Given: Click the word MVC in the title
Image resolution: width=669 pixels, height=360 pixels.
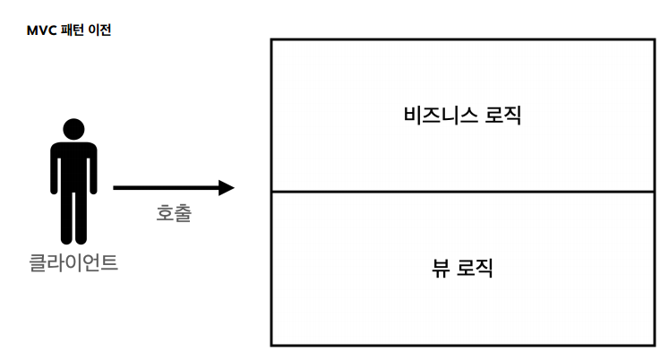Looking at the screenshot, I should coord(41,30).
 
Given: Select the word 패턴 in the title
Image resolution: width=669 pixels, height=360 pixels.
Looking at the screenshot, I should coord(71,30).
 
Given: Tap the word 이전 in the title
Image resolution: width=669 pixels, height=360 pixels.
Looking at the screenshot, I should coord(99,30).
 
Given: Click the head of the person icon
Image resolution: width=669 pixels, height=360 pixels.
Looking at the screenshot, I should coord(74,129).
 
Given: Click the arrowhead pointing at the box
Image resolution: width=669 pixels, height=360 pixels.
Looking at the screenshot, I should coord(226,188).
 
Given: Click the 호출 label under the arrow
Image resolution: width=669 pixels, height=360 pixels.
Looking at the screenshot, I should coord(174,214).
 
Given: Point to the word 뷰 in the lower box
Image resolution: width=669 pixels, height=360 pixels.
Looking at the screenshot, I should coord(440,268).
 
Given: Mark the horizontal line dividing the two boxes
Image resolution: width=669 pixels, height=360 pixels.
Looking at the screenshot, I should coord(462,192).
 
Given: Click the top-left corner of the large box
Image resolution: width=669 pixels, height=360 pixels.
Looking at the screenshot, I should coord(271,39).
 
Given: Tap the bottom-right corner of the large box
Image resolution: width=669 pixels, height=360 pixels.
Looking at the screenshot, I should coord(655,345).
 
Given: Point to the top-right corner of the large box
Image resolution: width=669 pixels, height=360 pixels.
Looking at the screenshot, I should coord(655,39).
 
